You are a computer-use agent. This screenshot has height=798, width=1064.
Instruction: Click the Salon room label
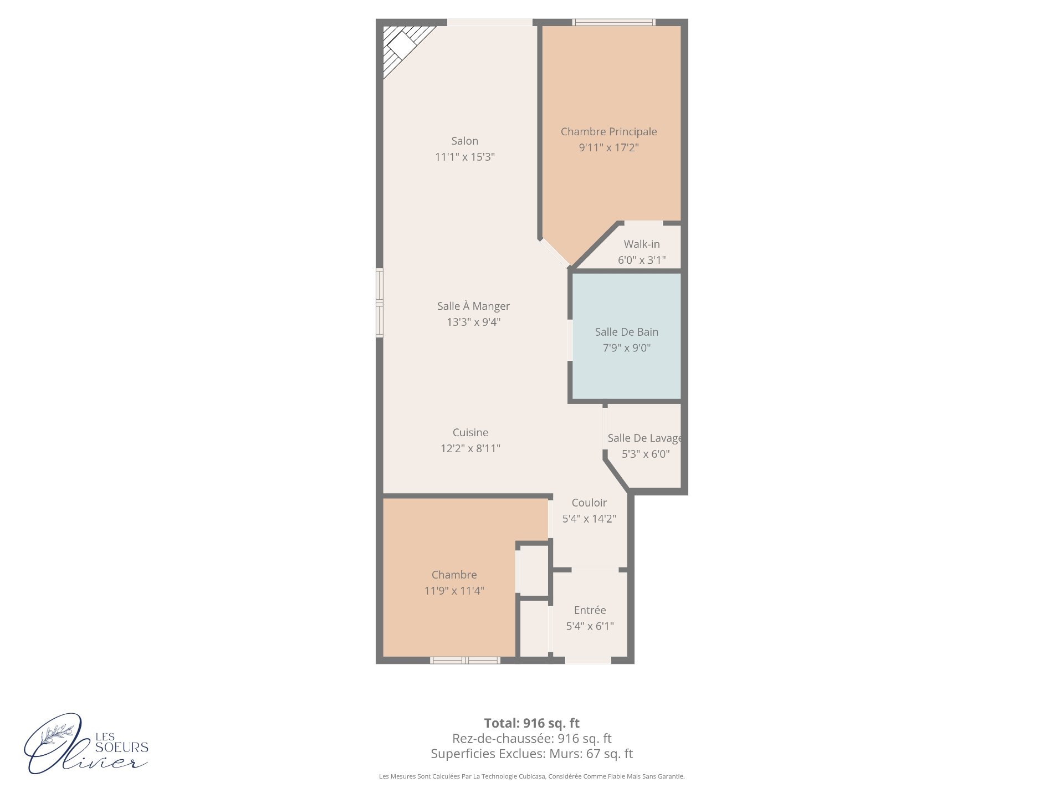tap(464, 141)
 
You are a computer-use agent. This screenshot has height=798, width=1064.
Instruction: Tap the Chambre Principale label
tap(608, 132)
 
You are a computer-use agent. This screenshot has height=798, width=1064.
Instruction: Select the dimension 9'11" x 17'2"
tap(608, 148)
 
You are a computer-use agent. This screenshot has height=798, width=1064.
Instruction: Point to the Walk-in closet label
tap(642, 244)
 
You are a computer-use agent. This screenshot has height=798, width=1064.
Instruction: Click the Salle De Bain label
tap(626, 332)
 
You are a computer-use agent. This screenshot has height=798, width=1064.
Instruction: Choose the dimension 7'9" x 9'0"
tap(626, 348)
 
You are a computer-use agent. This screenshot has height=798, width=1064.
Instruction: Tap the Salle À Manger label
tap(473, 306)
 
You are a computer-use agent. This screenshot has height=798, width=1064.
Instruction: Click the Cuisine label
tap(470, 432)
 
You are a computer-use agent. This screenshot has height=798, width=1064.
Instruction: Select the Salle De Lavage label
tap(644, 438)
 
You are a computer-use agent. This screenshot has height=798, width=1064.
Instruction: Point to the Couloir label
tap(589, 503)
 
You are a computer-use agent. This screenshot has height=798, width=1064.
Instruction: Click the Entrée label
tap(590, 610)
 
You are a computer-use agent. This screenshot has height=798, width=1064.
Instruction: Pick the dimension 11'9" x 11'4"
tap(454, 591)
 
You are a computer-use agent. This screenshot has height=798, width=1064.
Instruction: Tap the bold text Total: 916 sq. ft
tap(532, 723)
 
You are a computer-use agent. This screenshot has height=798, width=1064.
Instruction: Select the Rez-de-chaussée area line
tap(532, 739)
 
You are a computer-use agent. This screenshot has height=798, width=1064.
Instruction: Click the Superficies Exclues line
tap(532, 754)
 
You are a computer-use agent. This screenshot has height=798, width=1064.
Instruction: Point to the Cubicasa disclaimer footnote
tap(532, 776)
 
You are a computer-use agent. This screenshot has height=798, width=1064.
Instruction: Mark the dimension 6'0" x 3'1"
tap(642, 260)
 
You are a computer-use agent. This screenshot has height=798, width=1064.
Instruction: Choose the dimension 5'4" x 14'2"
tap(589, 519)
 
